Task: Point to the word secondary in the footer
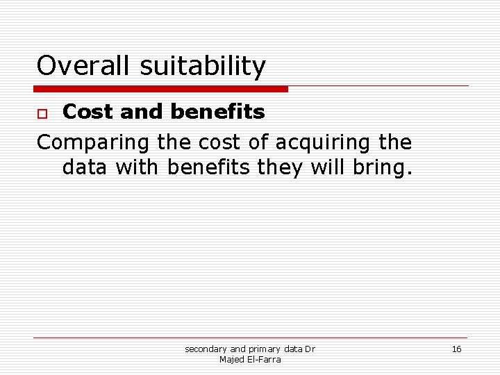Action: [206, 349]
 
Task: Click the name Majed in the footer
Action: [231, 359]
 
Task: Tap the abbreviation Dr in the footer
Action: [310, 349]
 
